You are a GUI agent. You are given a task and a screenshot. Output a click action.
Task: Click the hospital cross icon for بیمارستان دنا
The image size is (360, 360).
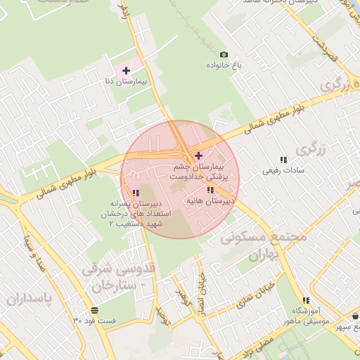tap(126, 70)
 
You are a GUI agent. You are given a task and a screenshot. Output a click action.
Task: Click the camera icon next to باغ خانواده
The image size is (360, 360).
tap(224, 54)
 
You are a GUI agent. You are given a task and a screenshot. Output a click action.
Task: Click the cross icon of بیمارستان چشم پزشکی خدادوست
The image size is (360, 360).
tap(199, 155)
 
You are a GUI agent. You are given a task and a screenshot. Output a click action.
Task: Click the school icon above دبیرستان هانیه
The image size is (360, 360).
tap(210, 190)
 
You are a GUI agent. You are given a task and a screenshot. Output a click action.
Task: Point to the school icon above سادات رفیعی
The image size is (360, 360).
tap(284, 160)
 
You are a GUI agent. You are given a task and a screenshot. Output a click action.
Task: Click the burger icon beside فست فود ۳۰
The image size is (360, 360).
tap(95, 310)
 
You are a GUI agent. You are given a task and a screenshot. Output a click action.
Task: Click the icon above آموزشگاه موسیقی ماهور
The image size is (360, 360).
tap(306, 300)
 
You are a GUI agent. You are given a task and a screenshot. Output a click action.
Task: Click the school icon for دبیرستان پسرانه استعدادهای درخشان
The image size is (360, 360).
tap(136, 192)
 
